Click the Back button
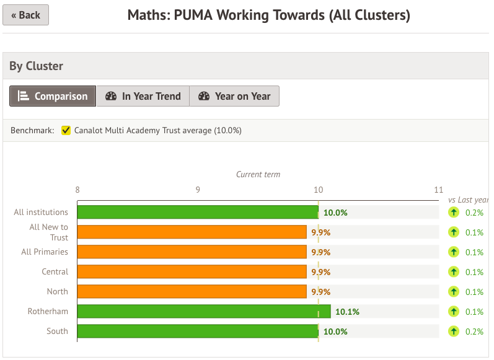point(25,15)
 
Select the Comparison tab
point(53,96)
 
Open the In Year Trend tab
point(143,96)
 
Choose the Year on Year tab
point(234,96)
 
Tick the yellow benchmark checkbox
point(66,131)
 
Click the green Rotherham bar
point(204,311)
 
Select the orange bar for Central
point(192,271)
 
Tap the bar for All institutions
point(198,213)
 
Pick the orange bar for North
point(192,291)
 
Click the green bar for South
point(198,331)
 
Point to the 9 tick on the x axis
point(198,190)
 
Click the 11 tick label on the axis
point(439,190)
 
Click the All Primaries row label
point(45,252)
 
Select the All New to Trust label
point(50,232)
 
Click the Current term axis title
point(258,175)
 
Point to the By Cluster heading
point(36,66)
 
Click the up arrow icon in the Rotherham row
point(453,312)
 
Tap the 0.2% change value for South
point(474,331)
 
